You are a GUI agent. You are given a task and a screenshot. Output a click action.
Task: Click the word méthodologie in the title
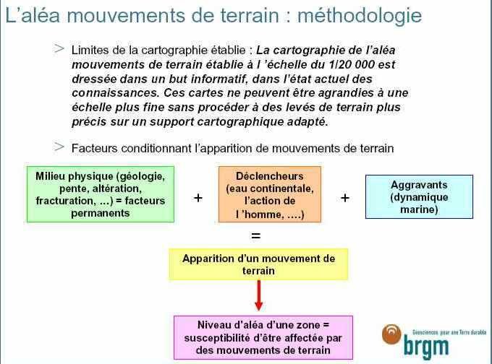tap(360, 16)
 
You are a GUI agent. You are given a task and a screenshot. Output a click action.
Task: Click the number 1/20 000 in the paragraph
tap(352, 64)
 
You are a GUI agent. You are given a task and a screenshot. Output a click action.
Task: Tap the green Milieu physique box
tap(101, 194)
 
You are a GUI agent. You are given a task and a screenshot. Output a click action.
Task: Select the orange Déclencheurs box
tap(270, 194)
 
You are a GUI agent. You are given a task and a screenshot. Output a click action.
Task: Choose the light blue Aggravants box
tap(419, 196)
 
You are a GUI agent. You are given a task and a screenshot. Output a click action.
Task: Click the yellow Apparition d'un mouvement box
tap(258, 264)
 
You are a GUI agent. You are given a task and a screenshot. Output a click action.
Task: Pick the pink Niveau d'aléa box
tap(263, 337)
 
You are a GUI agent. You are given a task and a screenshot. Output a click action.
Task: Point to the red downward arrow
tap(258, 295)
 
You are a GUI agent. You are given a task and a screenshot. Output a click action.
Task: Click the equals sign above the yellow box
tap(255, 235)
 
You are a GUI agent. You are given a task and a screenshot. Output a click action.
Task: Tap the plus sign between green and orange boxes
tap(198, 198)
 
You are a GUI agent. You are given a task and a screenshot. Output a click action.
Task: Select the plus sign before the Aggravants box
tap(345, 198)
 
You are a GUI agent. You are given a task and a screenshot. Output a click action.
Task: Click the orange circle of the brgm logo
tap(391, 334)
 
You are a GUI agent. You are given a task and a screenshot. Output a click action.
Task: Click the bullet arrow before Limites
tap(59, 48)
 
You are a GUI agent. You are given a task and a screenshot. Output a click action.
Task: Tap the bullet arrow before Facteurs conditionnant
tap(59, 147)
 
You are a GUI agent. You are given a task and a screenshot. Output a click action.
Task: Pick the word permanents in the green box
tap(101, 213)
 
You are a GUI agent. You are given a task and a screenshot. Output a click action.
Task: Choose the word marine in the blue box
tap(419, 209)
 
